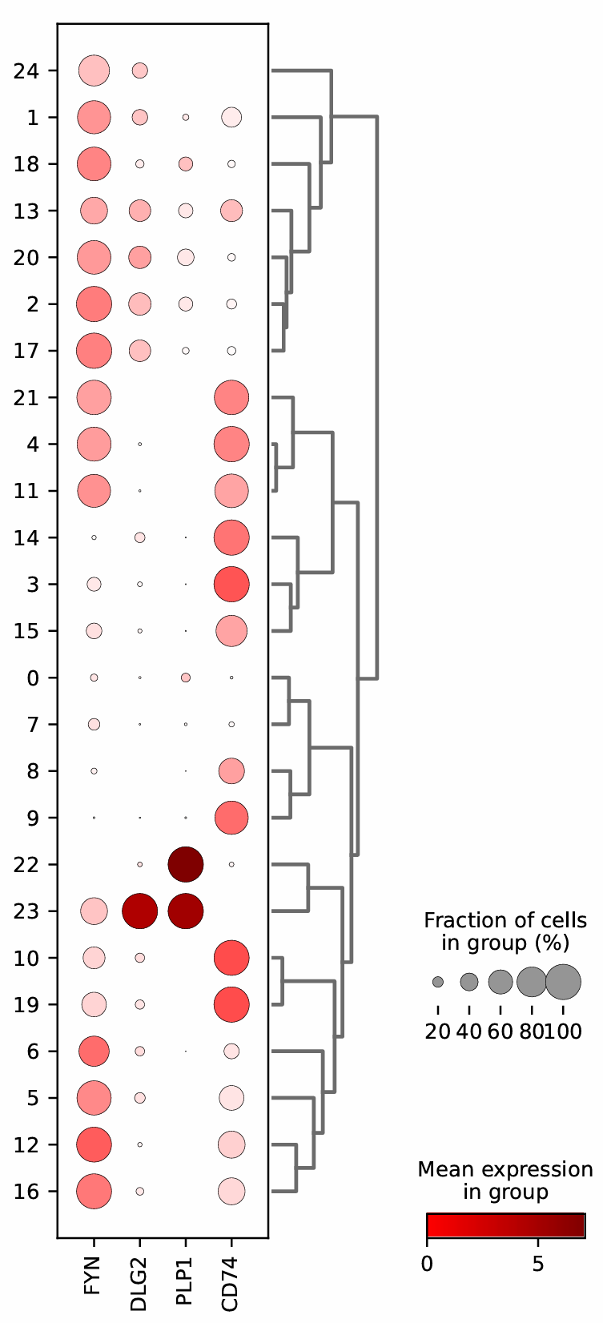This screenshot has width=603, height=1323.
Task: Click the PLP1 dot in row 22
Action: [x=185, y=864]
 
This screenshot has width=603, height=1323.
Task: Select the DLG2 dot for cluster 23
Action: [x=139, y=911]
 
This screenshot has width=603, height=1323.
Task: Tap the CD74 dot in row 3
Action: [x=231, y=584]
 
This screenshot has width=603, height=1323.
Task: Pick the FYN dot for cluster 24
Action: [x=94, y=70]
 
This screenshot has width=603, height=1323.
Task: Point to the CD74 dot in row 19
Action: [x=231, y=1004]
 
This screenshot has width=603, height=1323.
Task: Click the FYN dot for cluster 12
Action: [x=94, y=1144]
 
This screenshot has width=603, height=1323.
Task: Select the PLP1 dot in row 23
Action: [x=185, y=911]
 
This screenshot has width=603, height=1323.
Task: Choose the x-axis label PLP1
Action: [x=185, y=1274]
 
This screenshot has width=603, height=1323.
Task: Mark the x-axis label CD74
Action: [x=231, y=1275]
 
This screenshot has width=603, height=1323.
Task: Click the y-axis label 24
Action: [x=26, y=71]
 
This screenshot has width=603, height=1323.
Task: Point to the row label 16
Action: [x=26, y=1192]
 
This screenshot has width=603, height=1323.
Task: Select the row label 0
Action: [x=32, y=678]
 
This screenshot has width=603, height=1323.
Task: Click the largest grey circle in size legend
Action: [x=564, y=982]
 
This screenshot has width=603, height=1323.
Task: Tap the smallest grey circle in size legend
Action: [x=438, y=982]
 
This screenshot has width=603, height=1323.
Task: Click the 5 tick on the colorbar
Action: [x=538, y=1265]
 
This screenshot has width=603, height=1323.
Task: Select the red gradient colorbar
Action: [x=505, y=1225]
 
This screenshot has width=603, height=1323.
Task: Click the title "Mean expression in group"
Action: [x=505, y=1180]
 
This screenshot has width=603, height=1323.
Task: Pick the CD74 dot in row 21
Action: [x=231, y=397]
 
